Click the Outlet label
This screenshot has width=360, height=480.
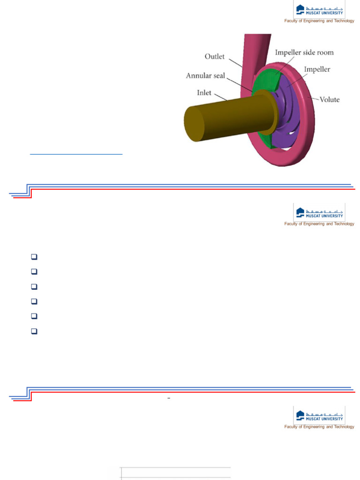[x=215, y=57]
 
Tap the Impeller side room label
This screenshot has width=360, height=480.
[x=305, y=52]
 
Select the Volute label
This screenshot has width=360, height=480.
[x=330, y=99]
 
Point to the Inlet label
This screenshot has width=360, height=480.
[x=204, y=93]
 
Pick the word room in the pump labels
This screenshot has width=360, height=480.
[x=324, y=52]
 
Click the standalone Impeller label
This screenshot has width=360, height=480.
[x=317, y=69]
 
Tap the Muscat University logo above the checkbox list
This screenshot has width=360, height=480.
[x=319, y=214]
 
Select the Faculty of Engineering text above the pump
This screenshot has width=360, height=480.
[x=319, y=21]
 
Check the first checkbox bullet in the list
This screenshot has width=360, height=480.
[x=34, y=257]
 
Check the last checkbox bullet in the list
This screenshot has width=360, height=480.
[x=34, y=331]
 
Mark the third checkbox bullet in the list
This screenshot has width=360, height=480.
[x=34, y=286]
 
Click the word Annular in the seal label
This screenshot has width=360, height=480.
[x=203, y=75]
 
